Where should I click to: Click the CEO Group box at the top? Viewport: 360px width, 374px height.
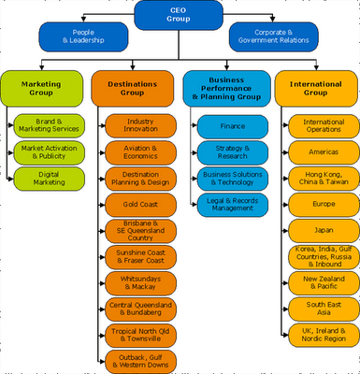tap(180, 15)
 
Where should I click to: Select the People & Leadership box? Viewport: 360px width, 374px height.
tap(83, 37)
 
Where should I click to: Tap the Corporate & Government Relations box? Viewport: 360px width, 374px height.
tap(276, 37)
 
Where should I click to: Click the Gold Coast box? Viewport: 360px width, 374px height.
tap(139, 203)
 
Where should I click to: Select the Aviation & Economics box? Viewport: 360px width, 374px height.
tap(139, 151)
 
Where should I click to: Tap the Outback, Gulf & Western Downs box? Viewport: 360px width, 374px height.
tap(139, 360)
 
